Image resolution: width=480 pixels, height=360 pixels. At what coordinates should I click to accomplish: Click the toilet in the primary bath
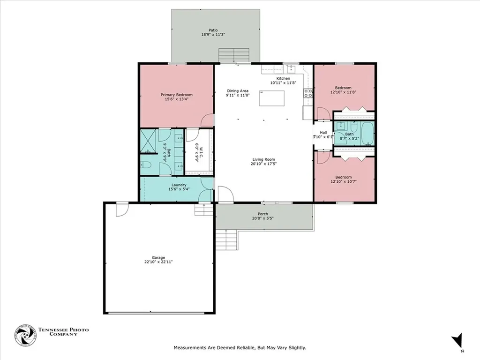click(146, 165)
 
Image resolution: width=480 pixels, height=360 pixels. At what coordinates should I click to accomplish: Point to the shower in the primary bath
click(149, 141)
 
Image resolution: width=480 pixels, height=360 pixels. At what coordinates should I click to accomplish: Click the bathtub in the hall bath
click(367, 133)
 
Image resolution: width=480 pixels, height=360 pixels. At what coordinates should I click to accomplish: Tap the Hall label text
click(323, 132)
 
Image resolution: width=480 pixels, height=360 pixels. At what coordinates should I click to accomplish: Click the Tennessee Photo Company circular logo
click(25, 335)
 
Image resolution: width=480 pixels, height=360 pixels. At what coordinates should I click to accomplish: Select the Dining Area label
click(238, 90)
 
